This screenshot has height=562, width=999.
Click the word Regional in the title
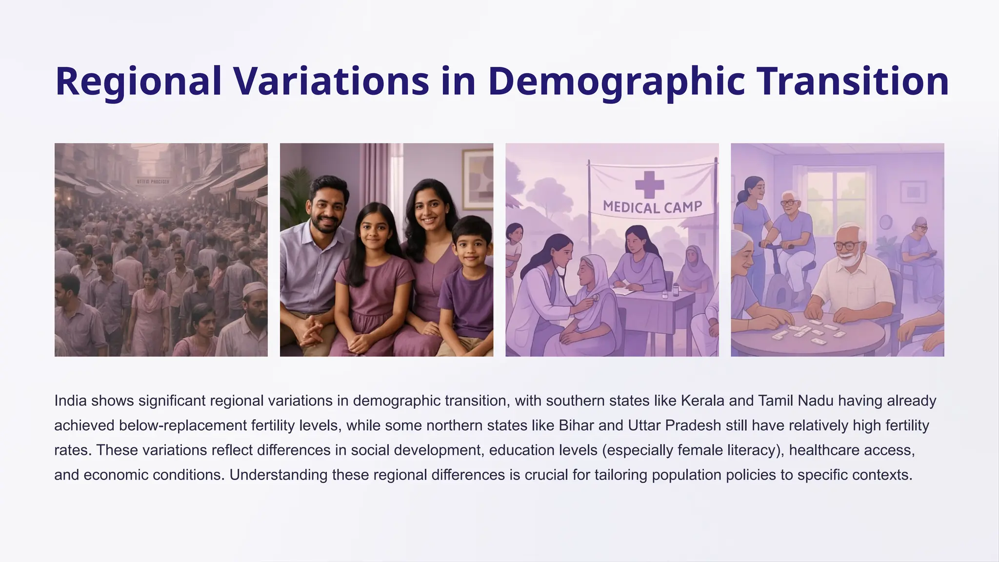coord(139,81)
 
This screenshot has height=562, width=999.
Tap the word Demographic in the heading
coord(617,81)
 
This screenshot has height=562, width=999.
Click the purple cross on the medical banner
coord(649,185)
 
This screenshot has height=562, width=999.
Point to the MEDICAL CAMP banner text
coord(652,207)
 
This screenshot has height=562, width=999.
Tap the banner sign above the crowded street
coord(153,181)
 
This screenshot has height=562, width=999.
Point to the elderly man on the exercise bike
coord(789,229)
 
